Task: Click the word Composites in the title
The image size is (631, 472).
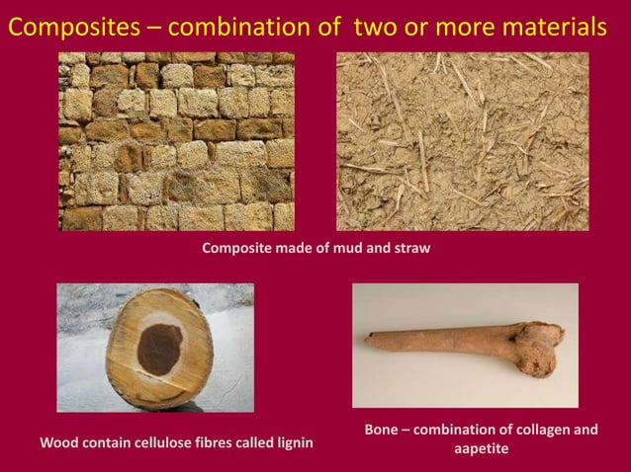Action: point(71,29)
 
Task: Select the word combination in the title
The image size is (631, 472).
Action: point(240,29)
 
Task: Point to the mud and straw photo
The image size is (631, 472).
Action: point(462,141)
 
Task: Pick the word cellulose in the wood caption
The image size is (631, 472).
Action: point(159,443)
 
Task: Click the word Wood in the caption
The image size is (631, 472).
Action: point(56,443)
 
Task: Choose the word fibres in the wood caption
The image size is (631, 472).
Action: point(214,443)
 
